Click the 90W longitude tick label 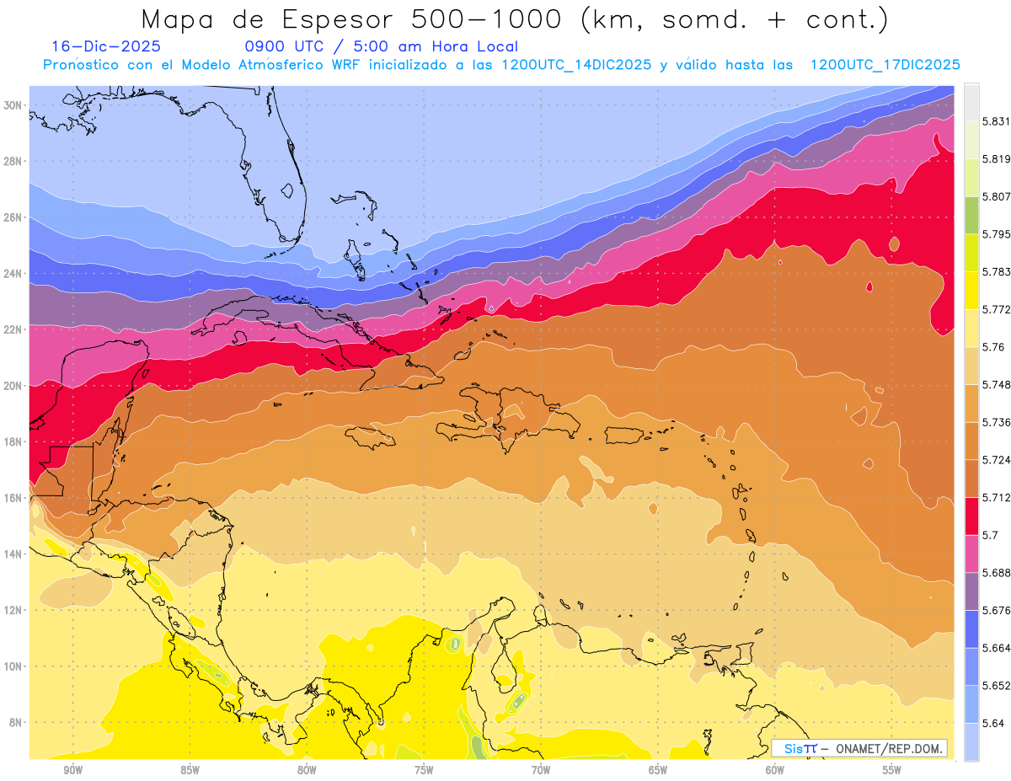pos(72,768)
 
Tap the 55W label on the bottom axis pos(892,768)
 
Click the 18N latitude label pos(14,442)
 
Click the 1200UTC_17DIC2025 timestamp pos(885,65)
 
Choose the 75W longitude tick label pos(424,768)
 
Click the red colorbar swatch pos(971,516)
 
